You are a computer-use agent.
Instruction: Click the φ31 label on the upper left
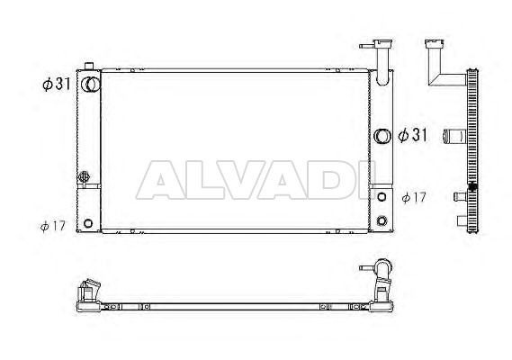pyautogui.click(x=57, y=85)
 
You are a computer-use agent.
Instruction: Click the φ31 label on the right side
pyautogui.click(x=412, y=135)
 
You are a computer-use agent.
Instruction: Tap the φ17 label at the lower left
pyautogui.click(x=53, y=226)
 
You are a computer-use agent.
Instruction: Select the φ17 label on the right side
pyautogui.click(x=414, y=197)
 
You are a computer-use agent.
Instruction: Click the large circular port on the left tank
pyautogui.click(x=92, y=85)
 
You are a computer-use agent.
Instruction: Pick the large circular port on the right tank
pyautogui.click(x=382, y=136)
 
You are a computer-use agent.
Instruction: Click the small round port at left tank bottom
pyautogui.click(x=88, y=223)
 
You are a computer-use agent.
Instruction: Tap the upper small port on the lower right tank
pyautogui.click(x=382, y=197)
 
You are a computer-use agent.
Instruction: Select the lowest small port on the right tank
pyautogui.click(x=382, y=220)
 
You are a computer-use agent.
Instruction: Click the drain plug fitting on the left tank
pyautogui.click(x=84, y=176)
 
